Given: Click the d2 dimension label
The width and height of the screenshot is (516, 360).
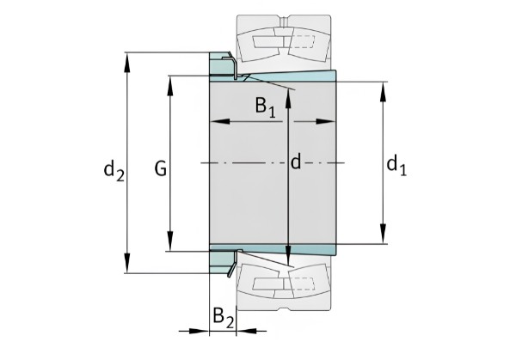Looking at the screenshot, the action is [114, 171].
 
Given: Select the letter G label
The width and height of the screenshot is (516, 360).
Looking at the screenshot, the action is [161, 169].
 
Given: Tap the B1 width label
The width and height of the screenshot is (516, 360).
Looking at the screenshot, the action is [266, 107].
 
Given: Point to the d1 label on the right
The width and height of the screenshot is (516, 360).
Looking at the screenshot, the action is [396, 166].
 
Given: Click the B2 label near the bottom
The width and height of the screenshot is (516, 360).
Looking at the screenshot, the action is [224, 318].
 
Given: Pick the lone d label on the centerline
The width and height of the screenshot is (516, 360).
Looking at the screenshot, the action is [296, 162].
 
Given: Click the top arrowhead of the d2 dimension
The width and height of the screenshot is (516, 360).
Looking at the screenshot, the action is [127, 63].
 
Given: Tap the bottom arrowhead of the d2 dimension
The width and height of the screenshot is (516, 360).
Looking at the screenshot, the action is [127, 263].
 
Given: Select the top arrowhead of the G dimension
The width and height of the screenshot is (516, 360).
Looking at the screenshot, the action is [170, 86].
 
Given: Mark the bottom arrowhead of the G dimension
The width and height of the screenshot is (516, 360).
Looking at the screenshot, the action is [170, 241].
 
